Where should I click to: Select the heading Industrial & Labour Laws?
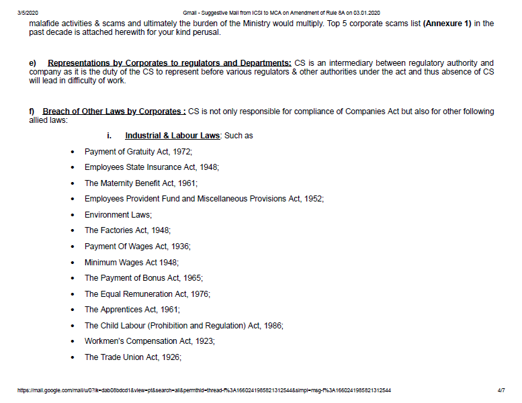172,136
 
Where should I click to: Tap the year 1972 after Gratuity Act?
181,152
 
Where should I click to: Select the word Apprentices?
122,310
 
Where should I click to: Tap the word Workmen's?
105,341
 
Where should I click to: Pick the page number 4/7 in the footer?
501,390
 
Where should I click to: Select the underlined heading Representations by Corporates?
169,63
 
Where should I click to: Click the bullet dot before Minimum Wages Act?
73,263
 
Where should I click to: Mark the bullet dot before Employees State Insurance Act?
73,167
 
